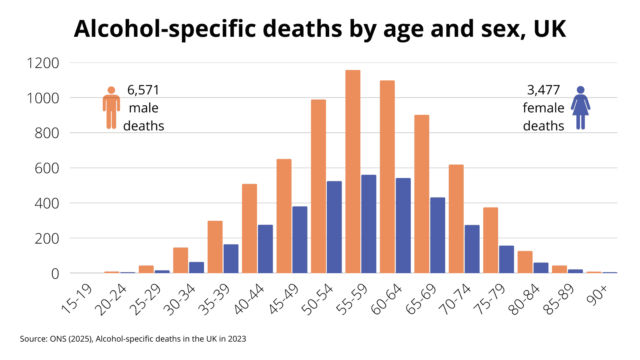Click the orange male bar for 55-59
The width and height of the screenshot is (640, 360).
353,172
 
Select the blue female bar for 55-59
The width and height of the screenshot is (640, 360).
368,224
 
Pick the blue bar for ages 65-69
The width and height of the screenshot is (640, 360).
438,235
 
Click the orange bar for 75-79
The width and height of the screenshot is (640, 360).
490,240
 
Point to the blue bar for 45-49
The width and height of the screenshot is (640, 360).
300,240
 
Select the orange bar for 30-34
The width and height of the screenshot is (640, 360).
180,260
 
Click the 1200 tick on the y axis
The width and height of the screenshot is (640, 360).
43,63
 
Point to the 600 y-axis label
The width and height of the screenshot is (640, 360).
47,168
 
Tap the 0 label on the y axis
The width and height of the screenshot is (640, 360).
55,274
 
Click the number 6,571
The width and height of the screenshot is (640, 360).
143,90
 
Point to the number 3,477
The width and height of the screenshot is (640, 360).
543,90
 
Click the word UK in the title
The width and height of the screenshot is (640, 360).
550,29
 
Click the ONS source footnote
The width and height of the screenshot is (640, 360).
133,339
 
